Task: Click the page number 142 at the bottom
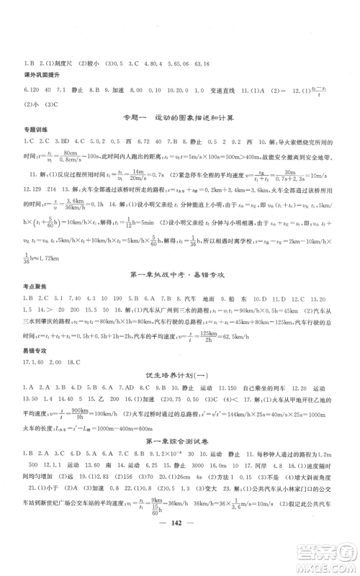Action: tap(179, 547)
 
